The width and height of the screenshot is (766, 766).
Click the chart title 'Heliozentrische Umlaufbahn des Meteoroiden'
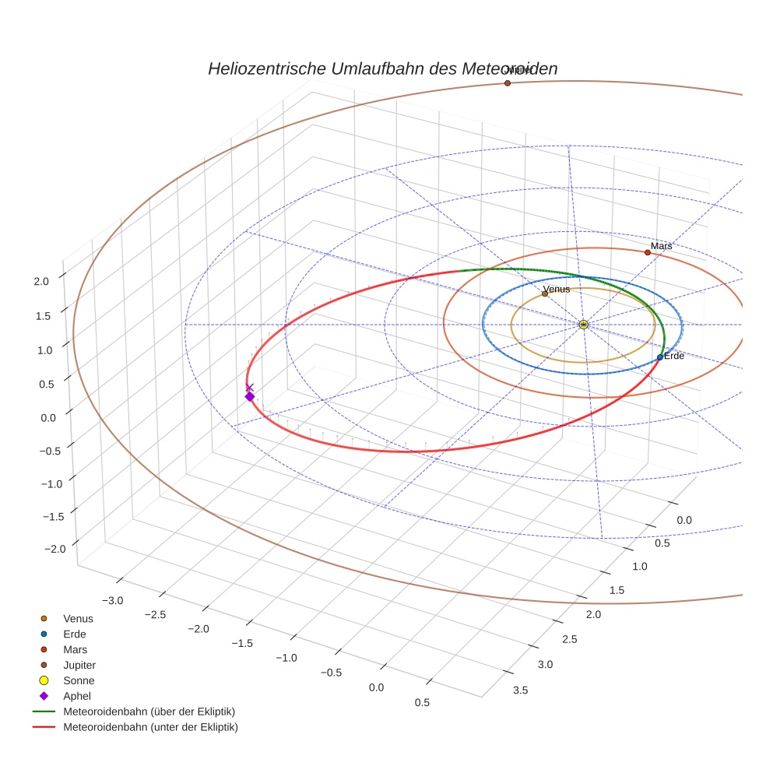click(382, 69)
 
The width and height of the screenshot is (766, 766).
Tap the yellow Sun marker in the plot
click(583, 325)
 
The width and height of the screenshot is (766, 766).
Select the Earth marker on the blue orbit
click(659, 357)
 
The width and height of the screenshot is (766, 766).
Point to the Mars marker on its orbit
click(647, 252)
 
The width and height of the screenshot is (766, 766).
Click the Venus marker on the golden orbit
click(545, 293)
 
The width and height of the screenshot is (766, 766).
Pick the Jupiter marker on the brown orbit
click(507, 83)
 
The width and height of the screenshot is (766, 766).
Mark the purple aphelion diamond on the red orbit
click(249, 397)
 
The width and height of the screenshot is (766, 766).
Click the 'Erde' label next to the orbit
click(673, 356)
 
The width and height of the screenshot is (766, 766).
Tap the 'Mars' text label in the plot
click(661, 246)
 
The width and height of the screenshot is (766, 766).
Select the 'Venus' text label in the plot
click(557, 289)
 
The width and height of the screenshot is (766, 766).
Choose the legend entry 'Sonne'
click(79, 680)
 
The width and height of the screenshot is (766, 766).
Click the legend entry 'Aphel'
click(76, 696)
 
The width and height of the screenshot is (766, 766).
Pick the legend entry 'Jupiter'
click(79, 665)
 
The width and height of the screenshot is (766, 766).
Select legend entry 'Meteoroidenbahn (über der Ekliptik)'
click(149, 712)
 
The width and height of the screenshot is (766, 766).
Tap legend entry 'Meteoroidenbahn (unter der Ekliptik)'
click(150, 727)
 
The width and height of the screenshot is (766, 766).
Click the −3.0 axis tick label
click(114, 600)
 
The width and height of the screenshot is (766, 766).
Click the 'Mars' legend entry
click(75, 649)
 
